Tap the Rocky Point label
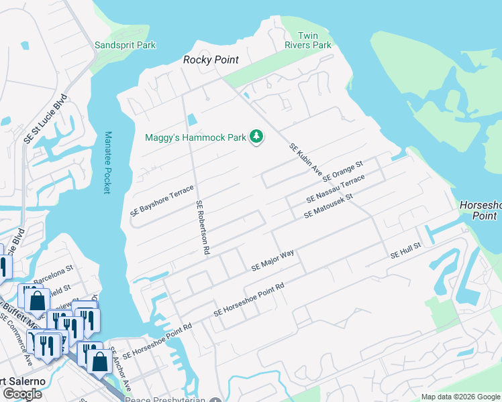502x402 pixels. tap(211, 60)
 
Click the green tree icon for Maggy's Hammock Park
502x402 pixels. tap(256, 137)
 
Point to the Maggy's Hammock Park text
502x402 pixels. tap(195, 138)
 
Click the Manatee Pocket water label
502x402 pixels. tap(107, 163)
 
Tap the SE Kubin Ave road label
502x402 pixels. tap(305, 159)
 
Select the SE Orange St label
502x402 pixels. tap(342, 172)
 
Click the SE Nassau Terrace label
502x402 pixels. tap(335, 190)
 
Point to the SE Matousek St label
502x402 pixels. tap(328, 206)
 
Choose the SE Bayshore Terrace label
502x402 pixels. tap(162, 200)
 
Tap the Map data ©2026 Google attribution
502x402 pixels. tap(460, 397)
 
